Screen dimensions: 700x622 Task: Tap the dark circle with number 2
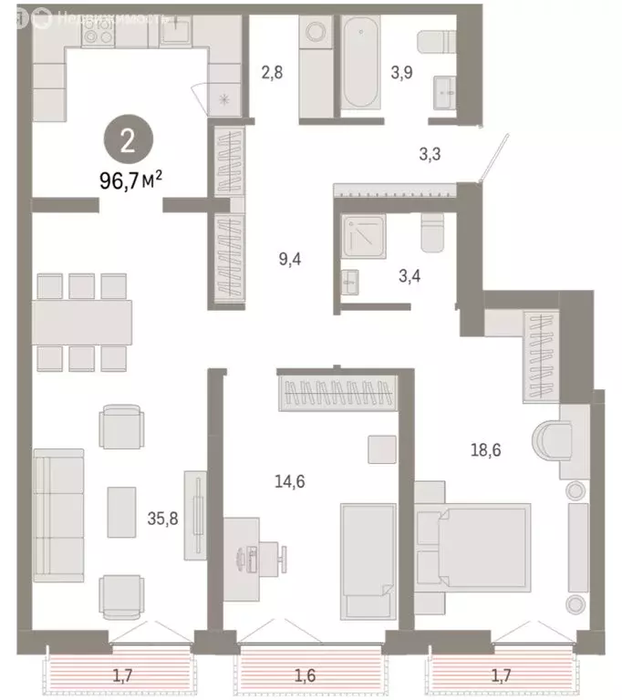point(129,140)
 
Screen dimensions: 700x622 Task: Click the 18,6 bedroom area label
point(484,448)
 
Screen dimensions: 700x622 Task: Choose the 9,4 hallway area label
point(289,258)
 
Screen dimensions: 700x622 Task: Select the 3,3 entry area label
point(430,155)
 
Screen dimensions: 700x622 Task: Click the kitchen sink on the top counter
point(175,30)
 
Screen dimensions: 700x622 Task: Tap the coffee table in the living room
point(121,511)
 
